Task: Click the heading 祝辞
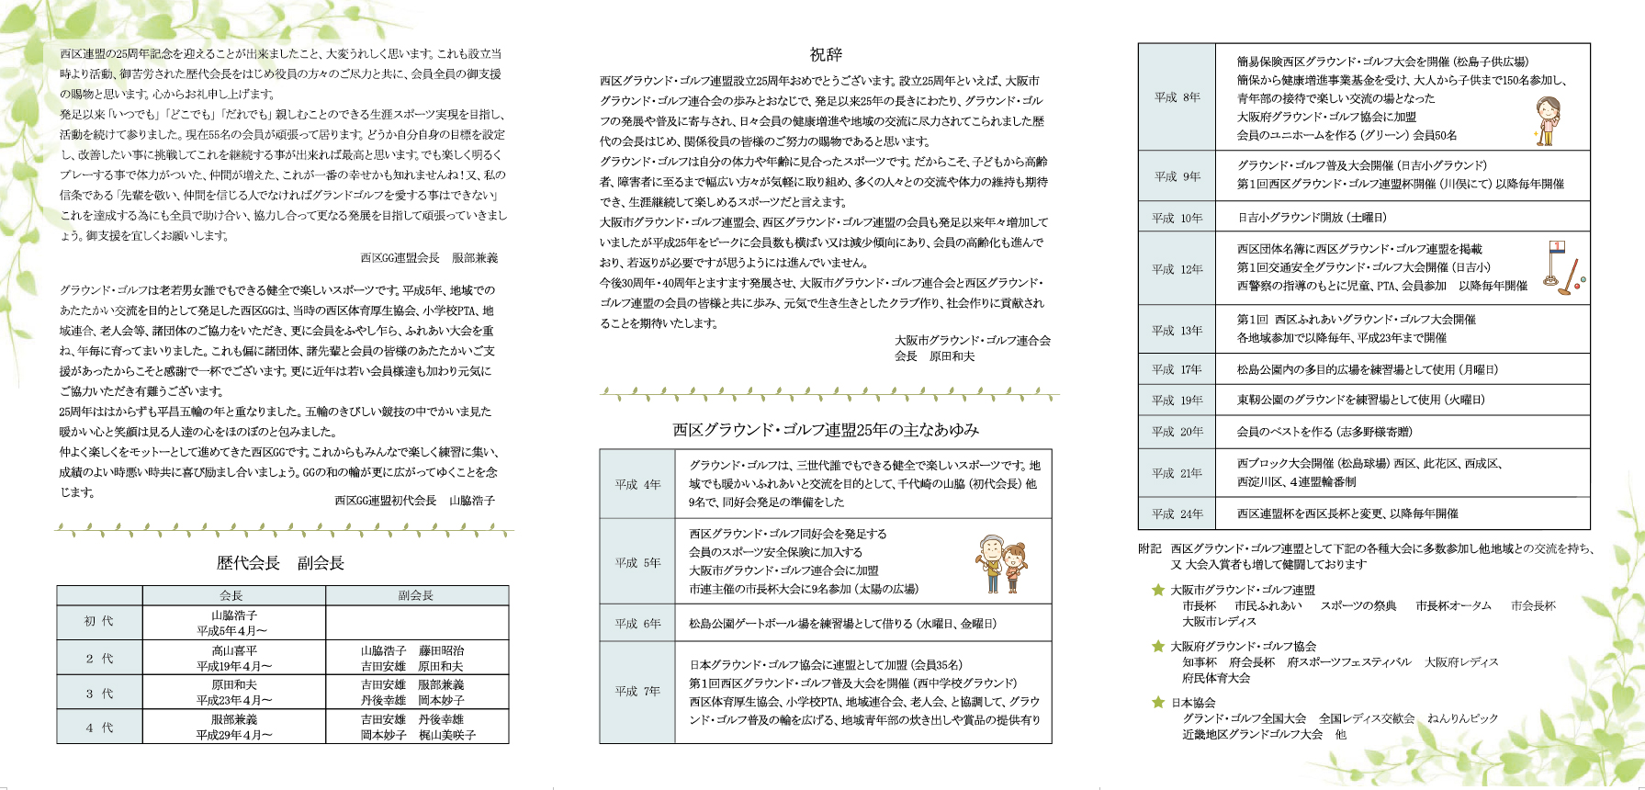825,55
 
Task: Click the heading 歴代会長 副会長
280,563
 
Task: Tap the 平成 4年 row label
637,484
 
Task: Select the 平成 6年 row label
637,623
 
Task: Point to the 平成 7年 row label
637,691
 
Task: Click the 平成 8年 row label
1177,97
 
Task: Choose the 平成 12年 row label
1177,269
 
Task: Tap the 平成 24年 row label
1177,513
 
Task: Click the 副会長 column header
416,595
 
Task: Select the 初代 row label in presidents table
99,622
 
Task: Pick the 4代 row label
99,728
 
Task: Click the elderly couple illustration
1000,563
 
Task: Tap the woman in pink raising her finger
1548,120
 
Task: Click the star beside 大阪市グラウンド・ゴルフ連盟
1158,590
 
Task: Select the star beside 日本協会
1158,703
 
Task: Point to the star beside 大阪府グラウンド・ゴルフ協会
1158,647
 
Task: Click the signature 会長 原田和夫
935,356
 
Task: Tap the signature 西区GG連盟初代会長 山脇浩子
414,501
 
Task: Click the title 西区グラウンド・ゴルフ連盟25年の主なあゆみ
825,430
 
